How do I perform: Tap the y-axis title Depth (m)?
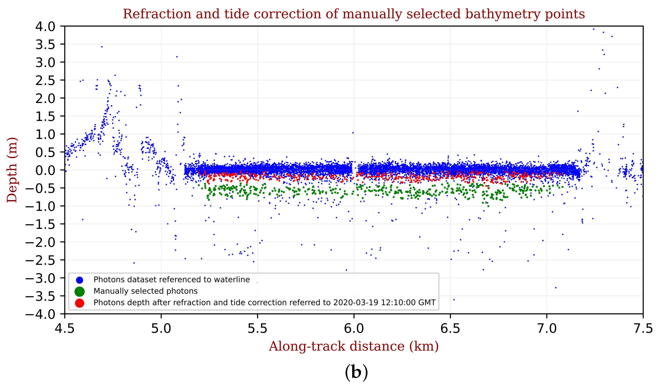pyautogui.click(x=12, y=170)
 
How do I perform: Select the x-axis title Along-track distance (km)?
pyautogui.click(x=354, y=346)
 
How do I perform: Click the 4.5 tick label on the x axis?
pyautogui.click(x=65, y=329)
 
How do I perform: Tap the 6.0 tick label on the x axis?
pyautogui.click(x=354, y=329)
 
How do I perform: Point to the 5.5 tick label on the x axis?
pyautogui.click(x=257, y=329)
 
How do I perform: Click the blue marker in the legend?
pyautogui.click(x=80, y=280)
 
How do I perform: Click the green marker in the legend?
pyautogui.click(x=80, y=291)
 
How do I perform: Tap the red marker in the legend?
pyautogui.click(x=80, y=303)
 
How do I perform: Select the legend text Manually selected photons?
pyautogui.click(x=145, y=291)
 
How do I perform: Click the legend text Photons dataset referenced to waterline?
pyautogui.click(x=172, y=280)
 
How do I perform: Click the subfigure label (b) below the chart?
pyautogui.click(x=356, y=372)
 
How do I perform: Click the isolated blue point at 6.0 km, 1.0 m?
pyautogui.click(x=353, y=133)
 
